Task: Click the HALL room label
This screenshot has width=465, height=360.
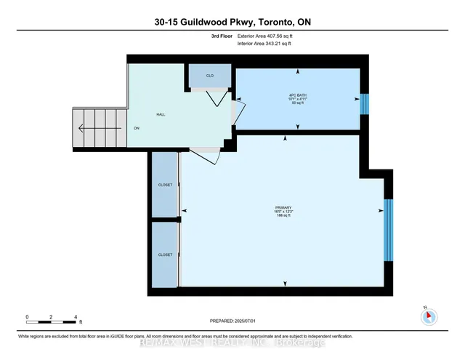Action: pyautogui.click(x=161, y=114)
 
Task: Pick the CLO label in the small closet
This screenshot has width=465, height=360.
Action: pyautogui.click(x=209, y=76)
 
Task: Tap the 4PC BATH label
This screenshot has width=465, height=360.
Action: pyautogui.click(x=296, y=97)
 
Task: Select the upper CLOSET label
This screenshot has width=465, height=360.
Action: pyautogui.click(x=165, y=185)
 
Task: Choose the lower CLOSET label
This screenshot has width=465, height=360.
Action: pyautogui.click(x=165, y=255)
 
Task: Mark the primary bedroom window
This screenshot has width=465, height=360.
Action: pyautogui.click(x=388, y=229)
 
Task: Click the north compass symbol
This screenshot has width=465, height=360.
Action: pyautogui.click(x=429, y=315)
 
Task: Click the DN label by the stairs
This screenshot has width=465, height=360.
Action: pyautogui.click(x=136, y=129)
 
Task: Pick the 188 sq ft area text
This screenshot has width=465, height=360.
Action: pyautogui.click(x=283, y=216)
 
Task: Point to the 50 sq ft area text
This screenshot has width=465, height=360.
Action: pyautogui.click(x=296, y=105)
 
